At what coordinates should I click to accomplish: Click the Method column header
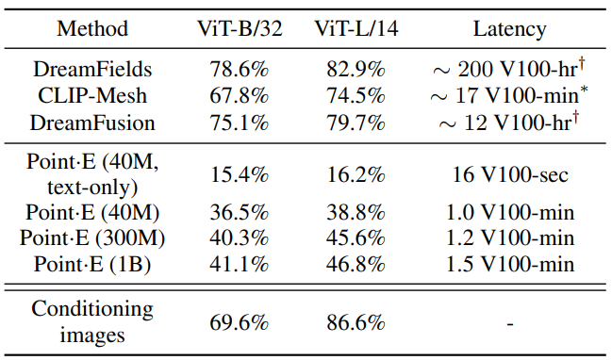(92, 29)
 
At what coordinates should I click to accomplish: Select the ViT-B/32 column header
(240, 29)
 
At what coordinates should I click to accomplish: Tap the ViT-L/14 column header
(356, 29)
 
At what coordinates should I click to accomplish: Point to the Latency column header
(510, 29)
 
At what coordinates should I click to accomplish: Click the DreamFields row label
(92, 70)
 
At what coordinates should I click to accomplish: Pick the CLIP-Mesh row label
(92, 96)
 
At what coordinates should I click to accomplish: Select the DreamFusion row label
(92, 123)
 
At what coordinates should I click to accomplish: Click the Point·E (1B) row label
(92, 265)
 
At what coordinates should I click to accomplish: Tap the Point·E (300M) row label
(92, 237)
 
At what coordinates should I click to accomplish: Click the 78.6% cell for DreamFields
(240, 70)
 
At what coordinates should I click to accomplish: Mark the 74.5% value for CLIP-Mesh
(356, 96)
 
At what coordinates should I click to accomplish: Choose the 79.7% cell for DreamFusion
(356, 123)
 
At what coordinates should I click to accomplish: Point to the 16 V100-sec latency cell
(510, 174)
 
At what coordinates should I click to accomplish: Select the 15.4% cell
(240, 174)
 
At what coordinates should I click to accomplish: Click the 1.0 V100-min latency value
(510, 213)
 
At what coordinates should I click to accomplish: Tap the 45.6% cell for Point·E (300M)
(356, 237)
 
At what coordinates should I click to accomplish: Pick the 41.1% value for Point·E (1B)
(240, 265)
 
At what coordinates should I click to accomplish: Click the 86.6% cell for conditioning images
(356, 323)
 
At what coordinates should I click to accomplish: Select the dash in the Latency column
(510, 324)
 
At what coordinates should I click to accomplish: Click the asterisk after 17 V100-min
(584, 90)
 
